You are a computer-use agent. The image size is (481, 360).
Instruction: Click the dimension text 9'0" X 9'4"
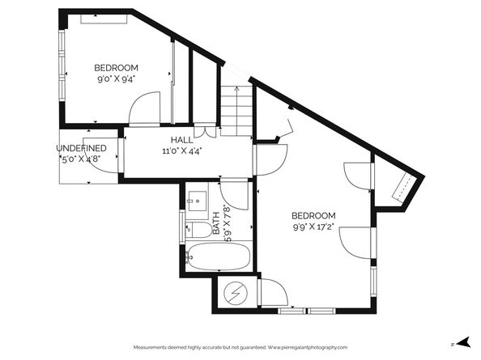(x=116, y=79)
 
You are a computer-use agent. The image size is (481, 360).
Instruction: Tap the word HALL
(x=181, y=140)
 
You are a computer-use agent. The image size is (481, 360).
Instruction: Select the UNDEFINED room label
(x=81, y=148)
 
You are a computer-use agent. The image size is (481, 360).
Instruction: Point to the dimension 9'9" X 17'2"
(x=313, y=227)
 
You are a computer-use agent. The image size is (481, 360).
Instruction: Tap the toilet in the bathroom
(x=199, y=230)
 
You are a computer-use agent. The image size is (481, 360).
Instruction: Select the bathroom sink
(x=197, y=202)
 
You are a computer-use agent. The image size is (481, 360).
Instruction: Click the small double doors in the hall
(x=207, y=129)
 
